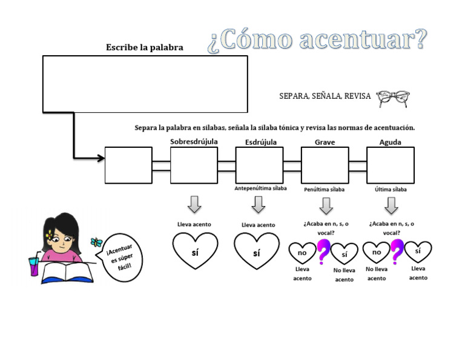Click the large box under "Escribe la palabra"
[x=145, y=84]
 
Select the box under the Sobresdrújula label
[x=194, y=165]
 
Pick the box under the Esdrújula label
[x=259, y=165]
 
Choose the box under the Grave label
[x=325, y=165]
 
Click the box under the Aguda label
[x=391, y=165]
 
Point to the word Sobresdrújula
[x=194, y=142]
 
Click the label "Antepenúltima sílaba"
[x=260, y=188]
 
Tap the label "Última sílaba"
[x=391, y=189]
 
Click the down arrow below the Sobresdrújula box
[x=194, y=204]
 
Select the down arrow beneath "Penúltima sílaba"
[x=326, y=205]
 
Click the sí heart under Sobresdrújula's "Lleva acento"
[x=194, y=251]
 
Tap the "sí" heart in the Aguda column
[x=418, y=250]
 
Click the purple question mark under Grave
[x=323, y=252]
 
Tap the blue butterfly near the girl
[x=94, y=241]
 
